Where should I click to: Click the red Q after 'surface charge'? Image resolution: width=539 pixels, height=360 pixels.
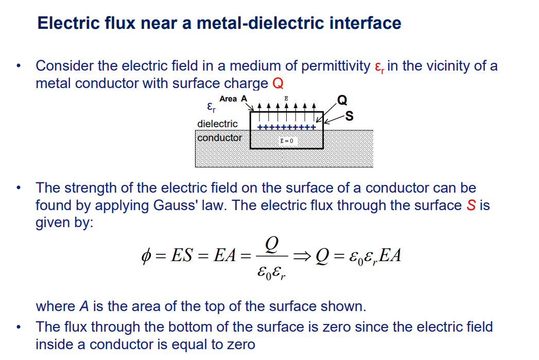[x=278, y=83]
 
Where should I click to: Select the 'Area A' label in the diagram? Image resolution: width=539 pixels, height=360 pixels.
[x=233, y=99]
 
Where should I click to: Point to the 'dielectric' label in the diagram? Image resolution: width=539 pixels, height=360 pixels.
[x=217, y=124]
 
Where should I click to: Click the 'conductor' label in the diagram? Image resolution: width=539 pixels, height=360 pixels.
[x=219, y=138]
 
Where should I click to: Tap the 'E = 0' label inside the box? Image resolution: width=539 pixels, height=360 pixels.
[x=286, y=141]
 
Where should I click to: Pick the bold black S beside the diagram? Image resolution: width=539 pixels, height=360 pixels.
[x=350, y=116]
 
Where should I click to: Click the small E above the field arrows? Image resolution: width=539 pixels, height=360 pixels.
[x=286, y=98]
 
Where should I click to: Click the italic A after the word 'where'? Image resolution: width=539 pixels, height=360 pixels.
[x=84, y=306]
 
